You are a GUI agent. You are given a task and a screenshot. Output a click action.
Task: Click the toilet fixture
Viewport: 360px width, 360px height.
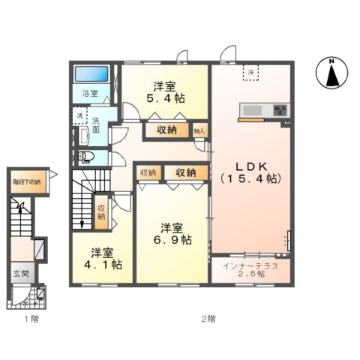tap(85, 157)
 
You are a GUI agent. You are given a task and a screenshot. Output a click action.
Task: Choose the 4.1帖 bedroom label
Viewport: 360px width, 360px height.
tap(99, 258)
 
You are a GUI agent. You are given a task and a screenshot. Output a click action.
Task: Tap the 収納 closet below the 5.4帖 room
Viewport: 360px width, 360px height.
tap(166, 130)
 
